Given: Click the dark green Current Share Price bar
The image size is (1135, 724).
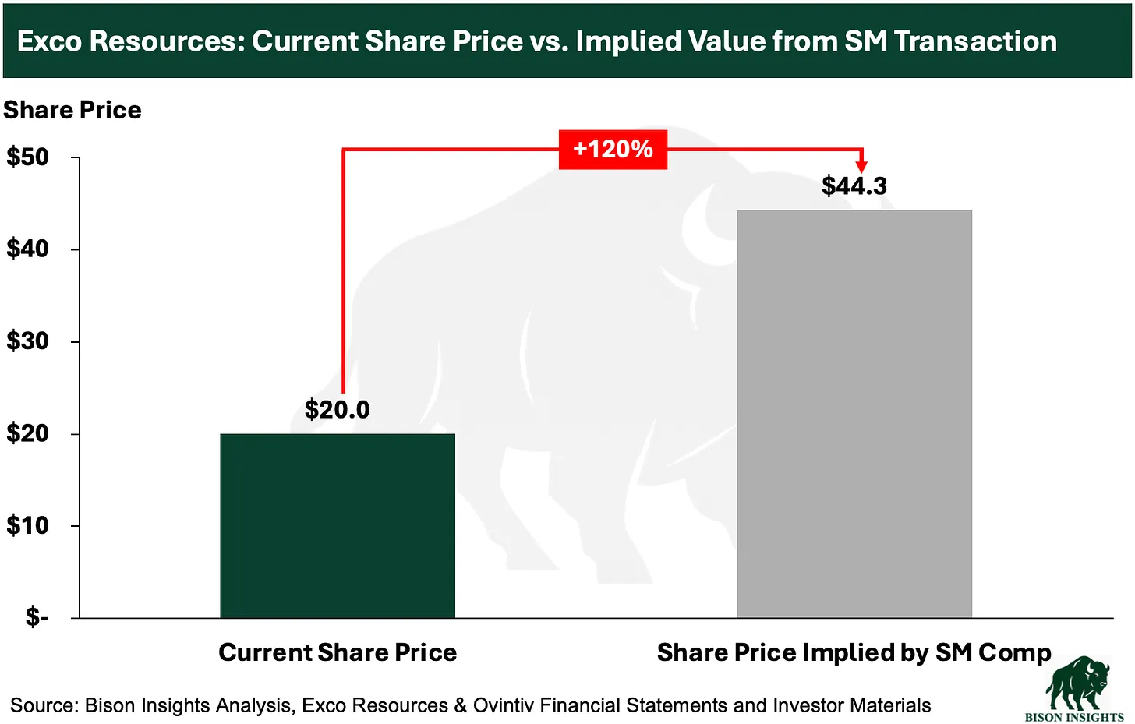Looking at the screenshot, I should click(337, 525).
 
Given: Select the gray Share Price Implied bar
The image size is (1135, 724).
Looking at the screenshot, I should click(854, 413).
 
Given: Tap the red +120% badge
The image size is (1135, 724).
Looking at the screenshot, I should click(613, 149).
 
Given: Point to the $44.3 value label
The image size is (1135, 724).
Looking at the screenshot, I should click(854, 186).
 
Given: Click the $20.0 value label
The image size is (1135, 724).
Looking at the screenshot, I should click(337, 409).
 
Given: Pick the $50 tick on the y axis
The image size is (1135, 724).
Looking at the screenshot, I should click(28, 157).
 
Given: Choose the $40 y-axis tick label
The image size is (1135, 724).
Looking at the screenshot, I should click(28, 249).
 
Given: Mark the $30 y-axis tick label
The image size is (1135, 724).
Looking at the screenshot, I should click(28, 341).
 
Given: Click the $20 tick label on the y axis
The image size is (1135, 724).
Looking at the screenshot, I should click(28, 433).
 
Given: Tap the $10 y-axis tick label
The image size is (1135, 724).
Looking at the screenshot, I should click(28, 525).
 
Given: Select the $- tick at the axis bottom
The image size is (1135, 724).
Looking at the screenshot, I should click(37, 617).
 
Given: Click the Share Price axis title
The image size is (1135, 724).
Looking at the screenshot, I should click(72, 110).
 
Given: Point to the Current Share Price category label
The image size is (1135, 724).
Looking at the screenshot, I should click(338, 652).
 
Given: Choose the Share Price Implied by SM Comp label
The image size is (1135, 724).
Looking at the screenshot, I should click(854, 652).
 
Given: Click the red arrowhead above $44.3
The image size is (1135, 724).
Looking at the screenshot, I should click(861, 166).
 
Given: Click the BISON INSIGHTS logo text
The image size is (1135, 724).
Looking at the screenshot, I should click(1074, 716).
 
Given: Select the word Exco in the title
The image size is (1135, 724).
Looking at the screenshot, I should click(49, 41).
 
